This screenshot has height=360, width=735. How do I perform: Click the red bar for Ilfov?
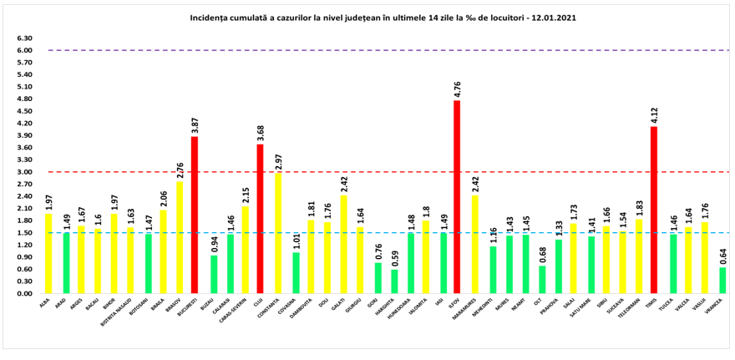click(x=457, y=197)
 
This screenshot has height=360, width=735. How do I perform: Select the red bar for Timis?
click(x=654, y=210)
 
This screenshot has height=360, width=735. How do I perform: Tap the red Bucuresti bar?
click(x=195, y=215)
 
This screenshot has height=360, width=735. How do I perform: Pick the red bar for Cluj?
click(x=261, y=219)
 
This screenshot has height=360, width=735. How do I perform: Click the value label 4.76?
click(x=457, y=88)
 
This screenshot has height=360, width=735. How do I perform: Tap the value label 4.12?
click(x=654, y=114)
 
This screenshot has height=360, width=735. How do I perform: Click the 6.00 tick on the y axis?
click(x=24, y=50)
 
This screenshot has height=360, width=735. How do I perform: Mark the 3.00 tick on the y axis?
click(x=24, y=172)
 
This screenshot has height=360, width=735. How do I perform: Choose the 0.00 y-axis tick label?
click(x=24, y=294)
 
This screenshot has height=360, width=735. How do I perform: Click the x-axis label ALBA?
click(x=44, y=306)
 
